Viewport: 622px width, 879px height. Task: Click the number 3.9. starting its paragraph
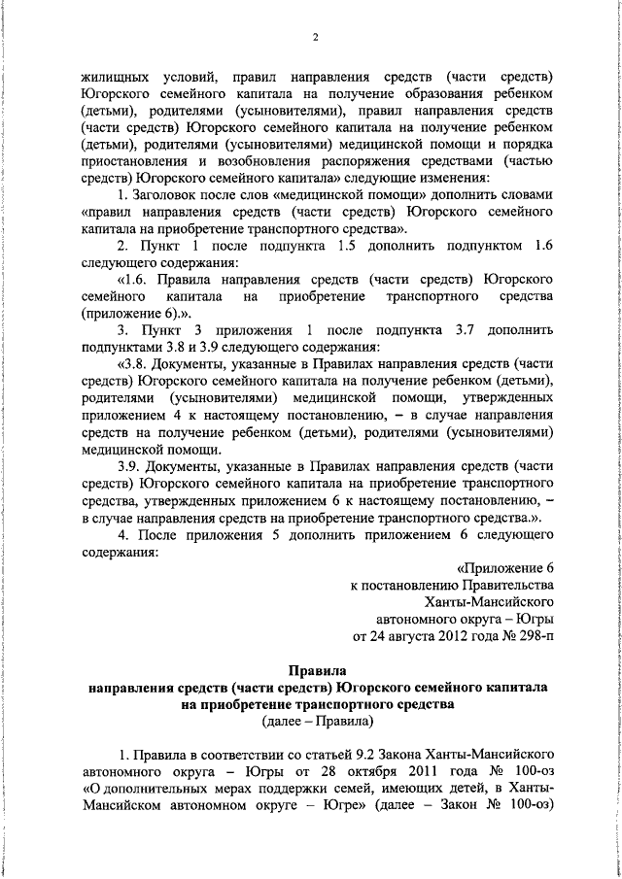click(x=131, y=466)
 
